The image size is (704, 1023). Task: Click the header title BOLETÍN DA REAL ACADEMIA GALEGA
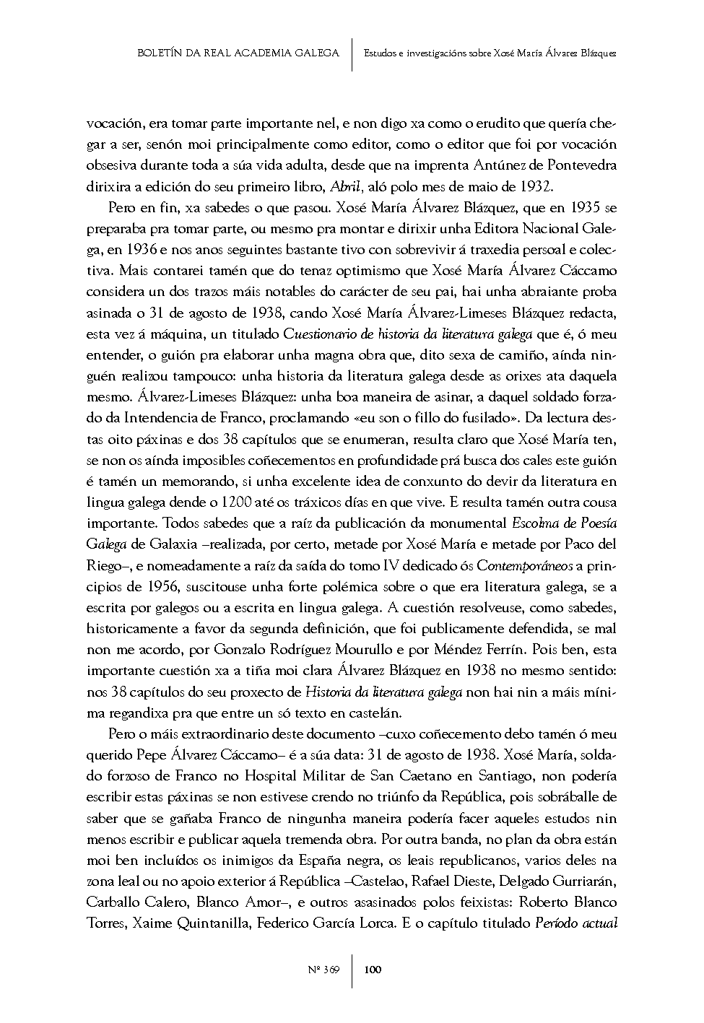click(238, 53)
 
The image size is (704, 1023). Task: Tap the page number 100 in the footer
click(373, 970)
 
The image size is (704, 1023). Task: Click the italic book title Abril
click(344, 186)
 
